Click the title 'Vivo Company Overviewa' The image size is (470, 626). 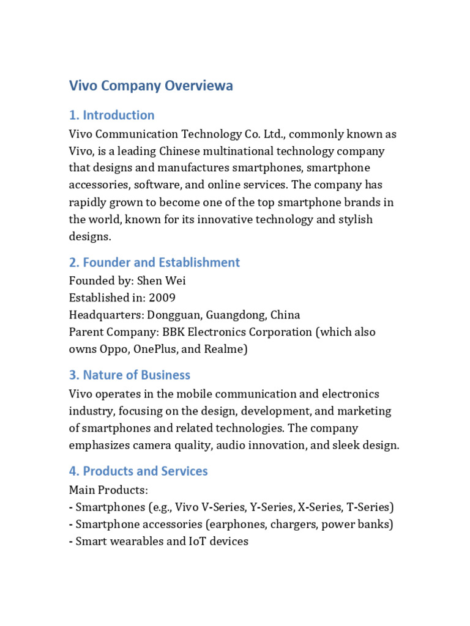pos(151,86)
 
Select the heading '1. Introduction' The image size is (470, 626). pos(111,115)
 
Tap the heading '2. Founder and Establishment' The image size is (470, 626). pos(154,262)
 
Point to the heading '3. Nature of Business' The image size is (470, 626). pos(129,375)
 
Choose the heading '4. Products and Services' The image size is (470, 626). pos(138,471)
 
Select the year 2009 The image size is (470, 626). pos(162,298)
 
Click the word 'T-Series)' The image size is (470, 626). pos(370,507)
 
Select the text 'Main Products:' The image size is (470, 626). pos(108,490)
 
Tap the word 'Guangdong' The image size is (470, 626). pos(234,315)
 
